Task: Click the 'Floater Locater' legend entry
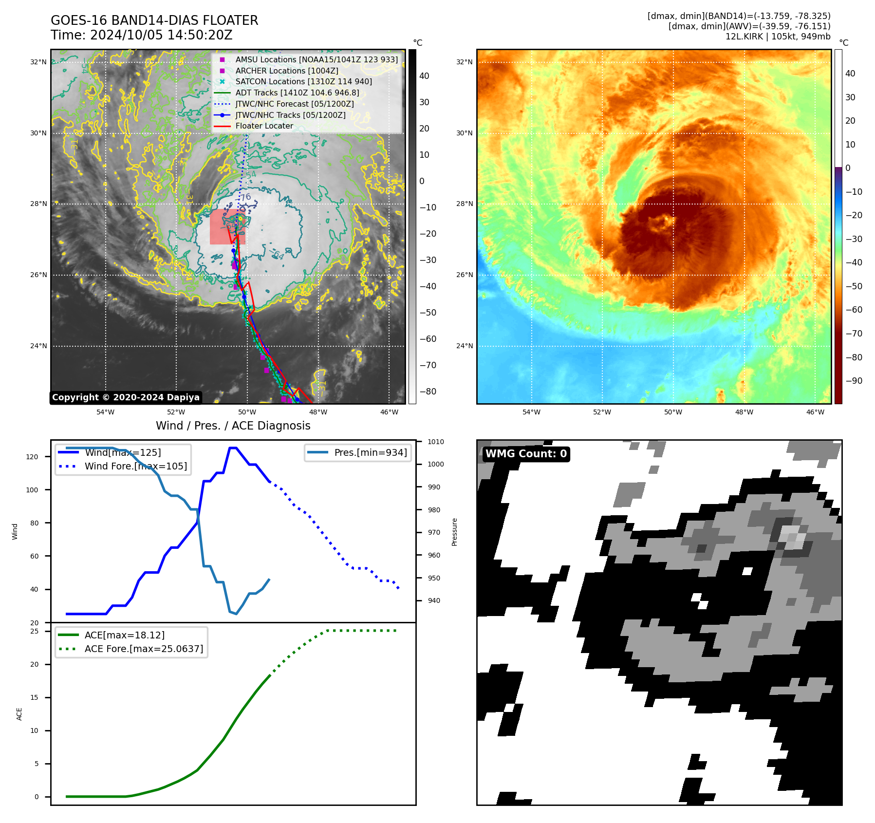click(264, 126)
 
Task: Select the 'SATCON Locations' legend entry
click(303, 82)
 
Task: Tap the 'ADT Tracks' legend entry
click(297, 93)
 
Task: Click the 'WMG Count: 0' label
click(526, 454)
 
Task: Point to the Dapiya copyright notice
click(126, 397)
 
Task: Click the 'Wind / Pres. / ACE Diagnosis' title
click(233, 426)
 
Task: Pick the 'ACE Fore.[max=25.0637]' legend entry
click(144, 649)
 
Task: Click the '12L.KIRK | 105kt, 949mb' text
click(778, 37)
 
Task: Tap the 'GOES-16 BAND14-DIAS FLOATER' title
click(154, 20)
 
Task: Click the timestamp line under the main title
click(141, 35)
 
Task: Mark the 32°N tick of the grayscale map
click(38, 62)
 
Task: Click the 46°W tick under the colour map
click(815, 412)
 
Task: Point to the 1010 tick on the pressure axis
click(436, 442)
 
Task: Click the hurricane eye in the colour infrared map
click(661, 222)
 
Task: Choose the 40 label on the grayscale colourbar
click(424, 76)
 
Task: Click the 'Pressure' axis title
click(454, 532)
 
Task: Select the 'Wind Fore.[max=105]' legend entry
click(135, 466)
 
